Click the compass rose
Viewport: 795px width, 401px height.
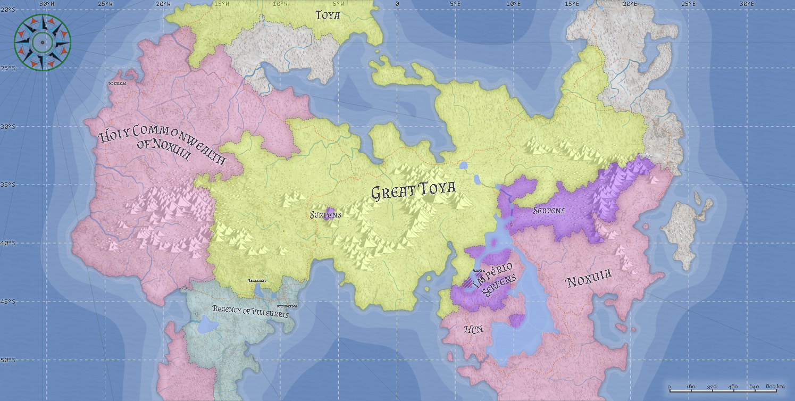click(42, 42)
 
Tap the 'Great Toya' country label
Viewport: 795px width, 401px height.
click(413, 191)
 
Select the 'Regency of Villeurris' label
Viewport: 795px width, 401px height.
click(250, 311)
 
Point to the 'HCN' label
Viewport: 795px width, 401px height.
click(473, 329)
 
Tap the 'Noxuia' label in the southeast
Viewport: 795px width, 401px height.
click(589, 278)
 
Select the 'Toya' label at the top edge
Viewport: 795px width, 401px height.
click(328, 15)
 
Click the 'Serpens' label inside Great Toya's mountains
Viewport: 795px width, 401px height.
click(325, 215)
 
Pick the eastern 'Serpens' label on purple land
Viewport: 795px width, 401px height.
click(549, 211)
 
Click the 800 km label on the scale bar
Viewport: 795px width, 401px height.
click(775, 386)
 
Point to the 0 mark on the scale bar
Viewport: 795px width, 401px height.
click(669, 386)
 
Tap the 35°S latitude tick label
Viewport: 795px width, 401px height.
click(9, 185)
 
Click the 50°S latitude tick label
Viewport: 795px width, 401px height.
click(9, 360)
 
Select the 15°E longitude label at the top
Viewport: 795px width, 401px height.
click(572, 4)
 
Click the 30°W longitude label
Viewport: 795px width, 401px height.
click(47, 4)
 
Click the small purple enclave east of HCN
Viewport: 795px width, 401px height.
click(516, 320)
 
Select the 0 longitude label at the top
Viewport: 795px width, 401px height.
click(397, 4)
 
